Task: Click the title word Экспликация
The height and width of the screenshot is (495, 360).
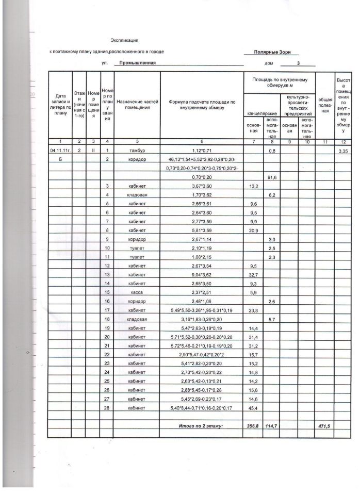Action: pyautogui.click(x=124, y=40)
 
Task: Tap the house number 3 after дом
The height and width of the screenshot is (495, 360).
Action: pyautogui.click(x=298, y=63)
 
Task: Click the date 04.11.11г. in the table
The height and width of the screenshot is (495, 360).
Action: pyautogui.click(x=60, y=151)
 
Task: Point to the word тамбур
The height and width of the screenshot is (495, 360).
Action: pyautogui.click(x=137, y=151)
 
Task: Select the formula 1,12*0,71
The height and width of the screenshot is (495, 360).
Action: pyautogui.click(x=203, y=151)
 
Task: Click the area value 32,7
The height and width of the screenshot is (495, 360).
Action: pyautogui.click(x=253, y=276)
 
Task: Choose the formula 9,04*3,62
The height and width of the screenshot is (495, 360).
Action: pyautogui.click(x=203, y=276)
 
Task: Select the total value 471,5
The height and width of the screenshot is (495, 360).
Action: pyautogui.click(x=324, y=425)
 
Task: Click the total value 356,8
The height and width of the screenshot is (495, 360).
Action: pyautogui.click(x=253, y=425)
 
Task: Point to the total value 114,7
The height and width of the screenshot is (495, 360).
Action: pyautogui.click(x=271, y=425)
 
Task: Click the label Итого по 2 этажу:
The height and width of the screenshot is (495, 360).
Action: pyautogui.click(x=201, y=425)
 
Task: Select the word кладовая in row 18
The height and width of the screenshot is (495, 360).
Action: pyautogui.click(x=137, y=319)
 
